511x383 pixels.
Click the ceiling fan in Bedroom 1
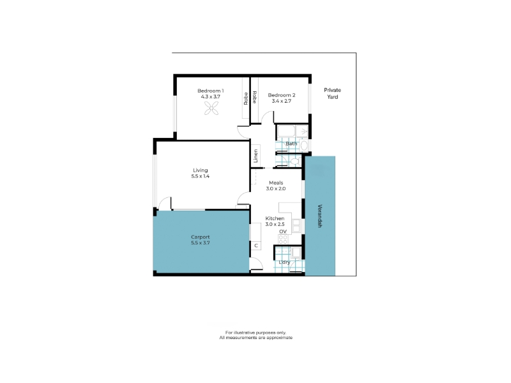211,108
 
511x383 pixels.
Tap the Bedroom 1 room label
211,91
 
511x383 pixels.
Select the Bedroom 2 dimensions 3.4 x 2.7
282,101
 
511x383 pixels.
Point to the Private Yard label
332,93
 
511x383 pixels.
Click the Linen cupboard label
256,156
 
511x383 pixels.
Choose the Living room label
201,170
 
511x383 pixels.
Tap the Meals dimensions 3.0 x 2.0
276,188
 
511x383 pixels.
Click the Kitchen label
275,218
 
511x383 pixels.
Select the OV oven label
283,232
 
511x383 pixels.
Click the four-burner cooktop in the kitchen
283,239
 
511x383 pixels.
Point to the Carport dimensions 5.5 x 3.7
201,243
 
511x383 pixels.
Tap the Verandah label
320,216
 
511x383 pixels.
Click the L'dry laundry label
284,262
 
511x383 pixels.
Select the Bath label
291,144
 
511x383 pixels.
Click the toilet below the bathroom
296,161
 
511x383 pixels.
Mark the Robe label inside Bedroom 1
246,99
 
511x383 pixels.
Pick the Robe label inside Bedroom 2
254,97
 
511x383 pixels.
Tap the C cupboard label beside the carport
256,246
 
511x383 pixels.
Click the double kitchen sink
296,226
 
